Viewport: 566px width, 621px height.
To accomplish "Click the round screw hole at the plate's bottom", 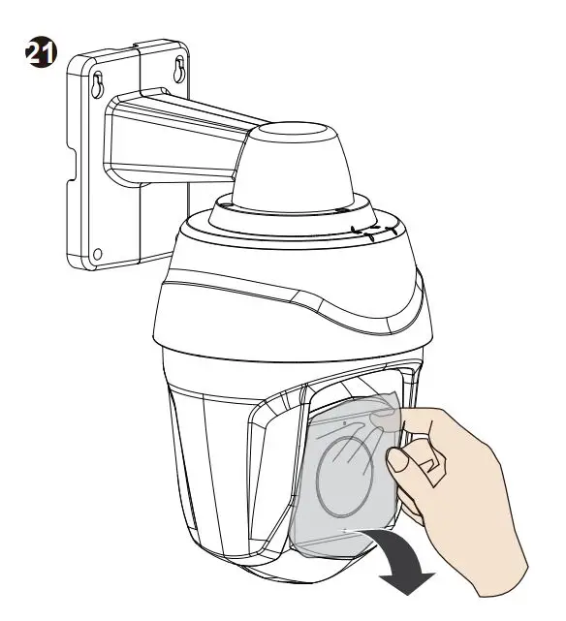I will (97, 255).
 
